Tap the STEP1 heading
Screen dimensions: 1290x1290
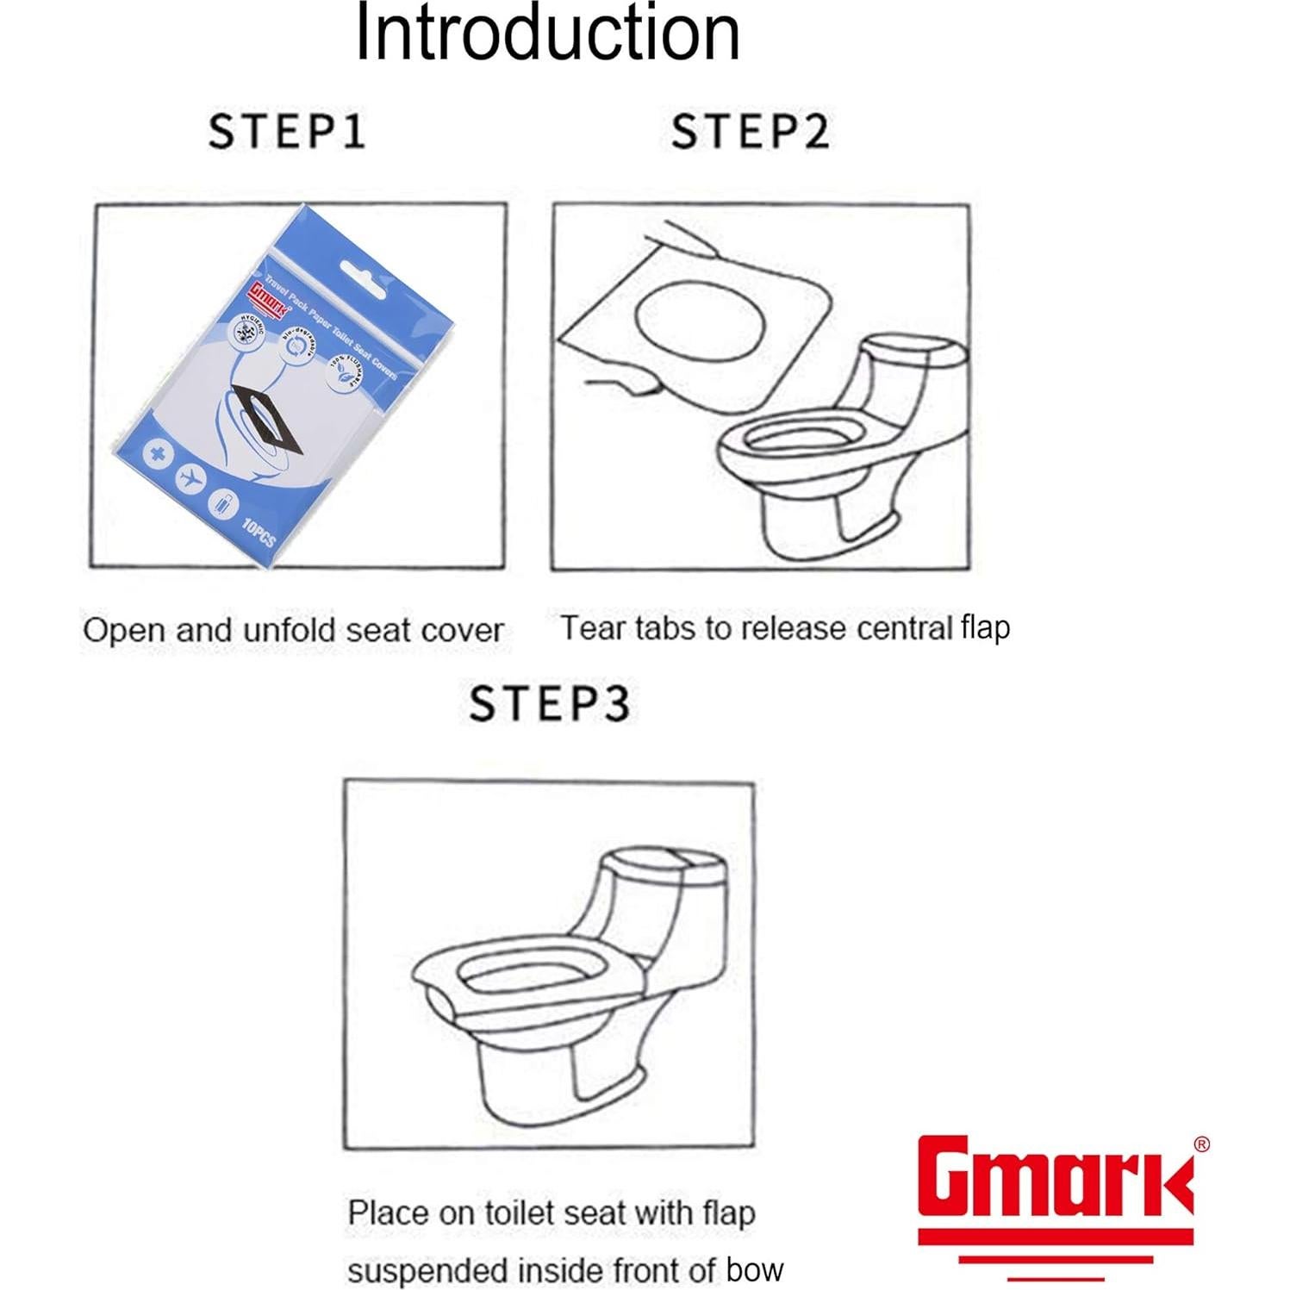288,132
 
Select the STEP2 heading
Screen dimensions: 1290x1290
750,132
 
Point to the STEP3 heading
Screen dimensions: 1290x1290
549,703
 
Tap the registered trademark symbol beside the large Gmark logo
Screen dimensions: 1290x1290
1200,1144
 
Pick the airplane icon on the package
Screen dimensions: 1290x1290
190,478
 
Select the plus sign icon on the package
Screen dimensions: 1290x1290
157,454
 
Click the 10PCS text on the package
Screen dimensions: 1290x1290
258,532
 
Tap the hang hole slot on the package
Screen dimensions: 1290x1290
364,277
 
